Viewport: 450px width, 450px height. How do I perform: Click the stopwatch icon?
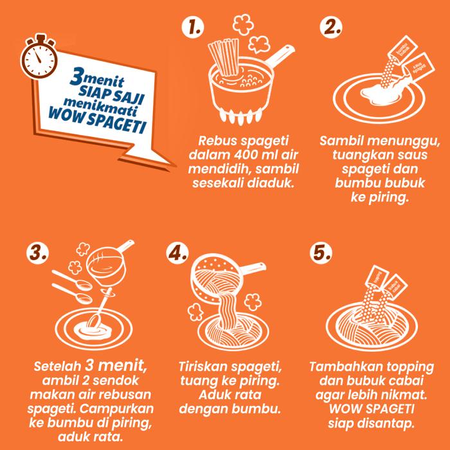pos(39,57)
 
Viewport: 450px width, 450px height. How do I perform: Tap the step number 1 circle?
pos(193,28)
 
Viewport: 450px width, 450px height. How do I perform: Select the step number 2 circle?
pos(331,28)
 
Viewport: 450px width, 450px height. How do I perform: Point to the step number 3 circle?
pos(37,253)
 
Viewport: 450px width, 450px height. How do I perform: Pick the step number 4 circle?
pos(177,253)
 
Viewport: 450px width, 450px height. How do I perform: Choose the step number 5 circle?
pos(321,253)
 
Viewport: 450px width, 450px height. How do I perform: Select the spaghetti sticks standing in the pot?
pos(224,57)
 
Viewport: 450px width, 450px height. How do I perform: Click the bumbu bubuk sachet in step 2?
pos(402,49)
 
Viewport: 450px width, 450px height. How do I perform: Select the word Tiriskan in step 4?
pos(203,367)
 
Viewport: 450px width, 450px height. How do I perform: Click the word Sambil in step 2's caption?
pos(341,141)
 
